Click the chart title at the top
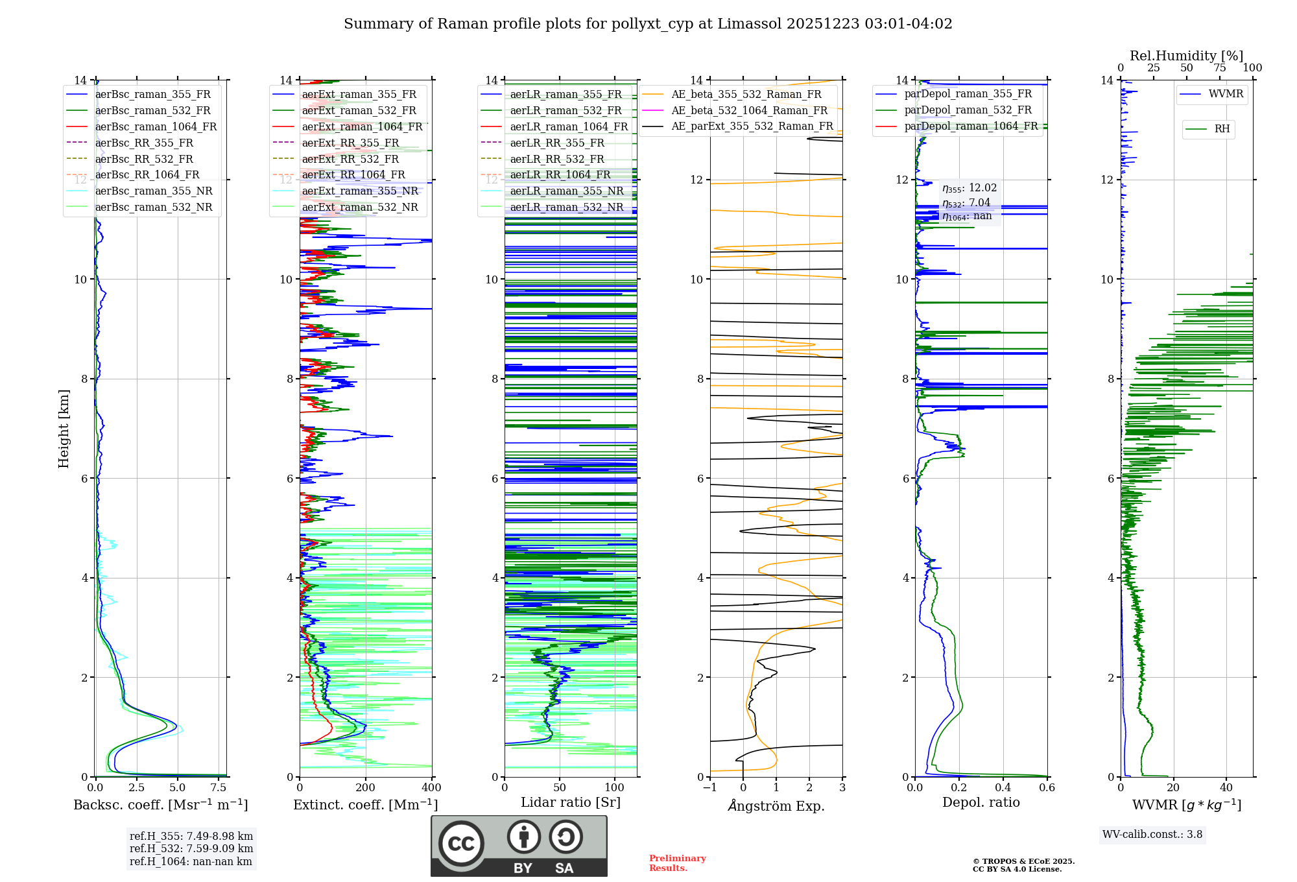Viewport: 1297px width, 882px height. click(x=648, y=24)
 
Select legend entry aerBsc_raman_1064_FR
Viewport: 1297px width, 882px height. click(x=156, y=127)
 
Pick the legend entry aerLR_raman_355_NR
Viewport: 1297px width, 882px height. click(x=566, y=191)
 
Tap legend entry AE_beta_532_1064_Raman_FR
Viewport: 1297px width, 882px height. click(x=749, y=111)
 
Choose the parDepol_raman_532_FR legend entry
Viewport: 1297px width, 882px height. click(x=968, y=110)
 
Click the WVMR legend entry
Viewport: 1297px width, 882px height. click(x=1226, y=94)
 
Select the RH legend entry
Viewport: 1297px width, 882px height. click(x=1222, y=129)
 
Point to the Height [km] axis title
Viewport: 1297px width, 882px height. click(x=64, y=428)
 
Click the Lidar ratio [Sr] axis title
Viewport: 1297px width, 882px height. click(x=571, y=802)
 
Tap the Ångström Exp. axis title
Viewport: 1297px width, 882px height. click(x=776, y=806)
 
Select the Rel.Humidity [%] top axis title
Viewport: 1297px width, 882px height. click(x=1186, y=56)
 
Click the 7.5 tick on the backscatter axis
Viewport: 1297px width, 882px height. click(x=219, y=788)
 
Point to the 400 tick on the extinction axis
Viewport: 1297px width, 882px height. click(x=431, y=788)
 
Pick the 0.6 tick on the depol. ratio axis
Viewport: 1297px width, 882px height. click(x=1047, y=788)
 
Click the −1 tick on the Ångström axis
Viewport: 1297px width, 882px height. click(x=710, y=788)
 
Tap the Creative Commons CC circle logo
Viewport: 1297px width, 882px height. click(x=461, y=843)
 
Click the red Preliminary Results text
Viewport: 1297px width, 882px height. click(x=677, y=863)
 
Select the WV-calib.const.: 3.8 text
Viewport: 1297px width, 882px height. click(x=1152, y=835)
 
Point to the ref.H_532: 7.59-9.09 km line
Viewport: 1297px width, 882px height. click(x=191, y=849)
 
